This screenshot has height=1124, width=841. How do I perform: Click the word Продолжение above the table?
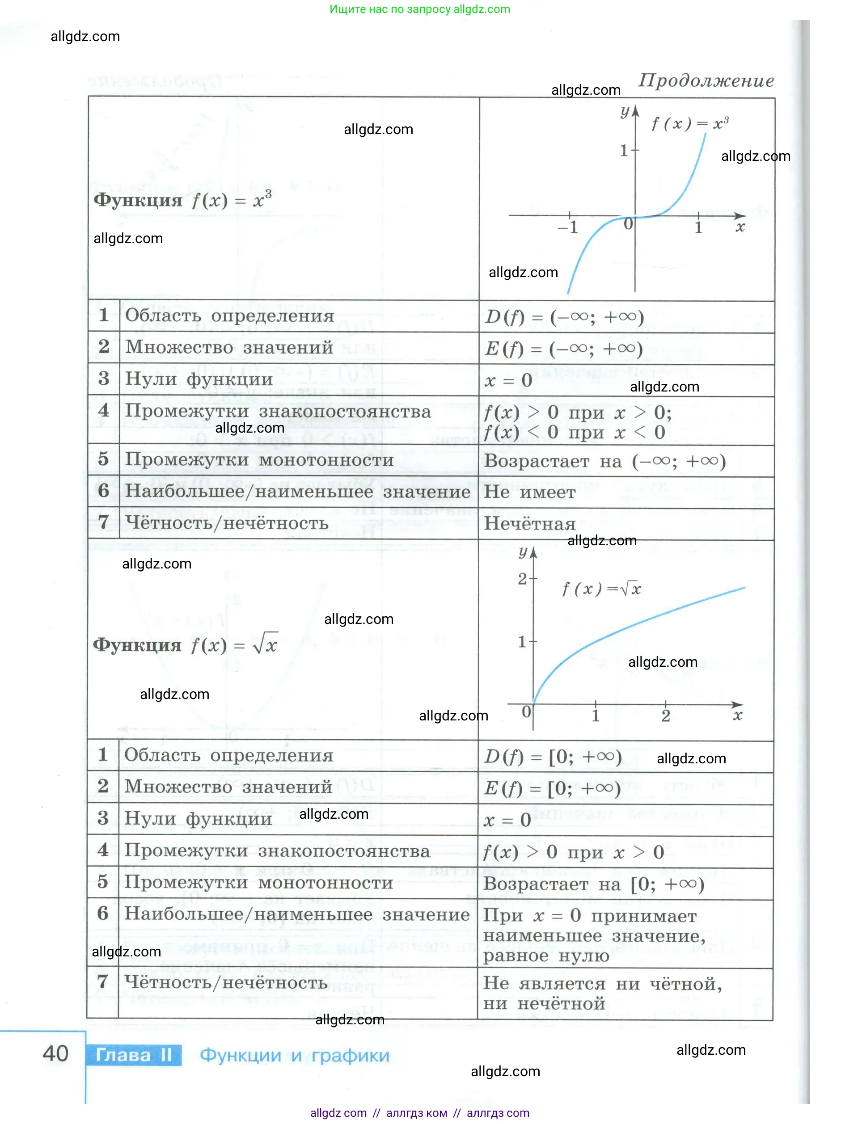click(x=706, y=80)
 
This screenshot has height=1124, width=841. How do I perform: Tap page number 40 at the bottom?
click(x=55, y=1053)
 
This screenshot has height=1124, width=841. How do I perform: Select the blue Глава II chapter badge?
click(x=134, y=1055)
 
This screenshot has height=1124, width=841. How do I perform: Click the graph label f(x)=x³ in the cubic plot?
click(x=689, y=123)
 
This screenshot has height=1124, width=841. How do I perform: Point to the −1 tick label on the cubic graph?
click(x=568, y=227)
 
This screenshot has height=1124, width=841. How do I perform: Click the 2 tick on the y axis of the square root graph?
click(x=522, y=578)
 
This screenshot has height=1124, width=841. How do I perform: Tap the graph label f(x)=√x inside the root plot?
click(x=601, y=589)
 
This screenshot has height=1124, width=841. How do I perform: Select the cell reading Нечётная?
click(x=529, y=523)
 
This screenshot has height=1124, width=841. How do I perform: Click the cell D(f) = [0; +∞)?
click(x=553, y=757)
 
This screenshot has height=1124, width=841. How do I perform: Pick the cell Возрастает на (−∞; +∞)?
click(x=604, y=461)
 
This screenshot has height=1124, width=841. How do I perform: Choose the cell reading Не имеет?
click(x=529, y=492)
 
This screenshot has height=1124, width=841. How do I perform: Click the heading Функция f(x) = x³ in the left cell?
click(x=182, y=200)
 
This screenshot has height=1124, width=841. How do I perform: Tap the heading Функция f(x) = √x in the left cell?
click(x=185, y=645)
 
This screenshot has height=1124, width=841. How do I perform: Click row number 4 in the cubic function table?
click(x=104, y=410)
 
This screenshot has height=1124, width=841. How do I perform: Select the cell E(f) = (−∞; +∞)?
click(x=564, y=349)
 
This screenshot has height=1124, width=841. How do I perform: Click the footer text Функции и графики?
click(x=294, y=1056)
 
